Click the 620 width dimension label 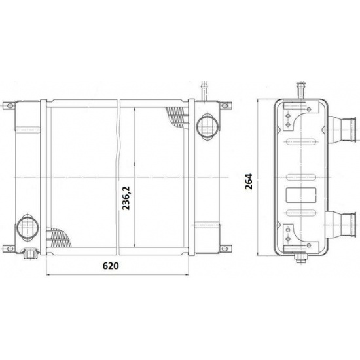point(111,266)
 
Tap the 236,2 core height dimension point(126,198)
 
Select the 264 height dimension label point(249,181)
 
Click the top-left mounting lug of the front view point(9,105)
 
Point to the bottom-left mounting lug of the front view point(9,249)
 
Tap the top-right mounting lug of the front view point(225,105)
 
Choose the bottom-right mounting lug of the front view point(225,249)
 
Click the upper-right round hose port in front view point(207,126)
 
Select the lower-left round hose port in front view point(27,228)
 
